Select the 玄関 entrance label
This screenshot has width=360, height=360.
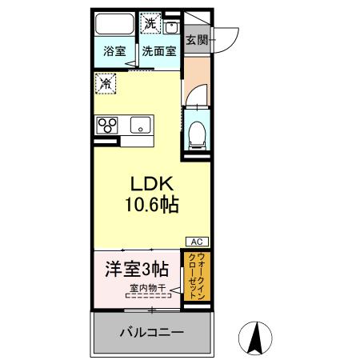[x=197, y=39]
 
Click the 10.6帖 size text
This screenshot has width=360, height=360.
[x=150, y=205]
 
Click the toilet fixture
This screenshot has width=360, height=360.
[x=196, y=134]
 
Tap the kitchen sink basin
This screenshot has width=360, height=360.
[x=140, y=126]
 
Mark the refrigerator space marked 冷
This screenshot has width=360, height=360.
[x=104, y=82]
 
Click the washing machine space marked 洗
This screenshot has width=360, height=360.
[x=150, y=23]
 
